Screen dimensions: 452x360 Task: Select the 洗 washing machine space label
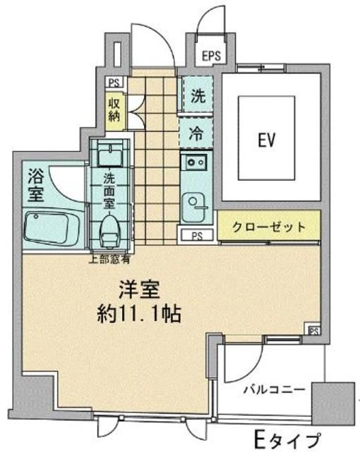(x=198, y=97)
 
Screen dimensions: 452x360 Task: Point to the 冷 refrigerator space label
(x=198, y=132)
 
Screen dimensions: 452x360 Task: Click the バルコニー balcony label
(x=274, y=388)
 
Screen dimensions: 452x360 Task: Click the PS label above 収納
(x=113, y=82)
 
